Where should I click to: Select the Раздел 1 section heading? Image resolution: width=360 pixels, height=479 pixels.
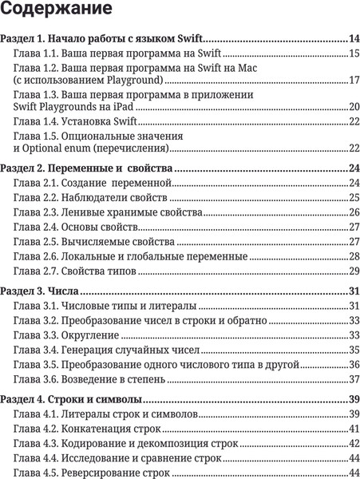coord(102,38)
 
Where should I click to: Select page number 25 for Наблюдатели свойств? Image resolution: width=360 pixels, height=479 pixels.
coord(353,198)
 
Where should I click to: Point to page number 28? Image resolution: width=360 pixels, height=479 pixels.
coord(353,256)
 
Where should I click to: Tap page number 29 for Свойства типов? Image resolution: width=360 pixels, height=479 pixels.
coord(353,271)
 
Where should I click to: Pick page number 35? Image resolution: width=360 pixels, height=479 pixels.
coord(353,350)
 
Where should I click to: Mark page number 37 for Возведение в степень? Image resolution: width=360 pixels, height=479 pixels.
coord(353,378)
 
